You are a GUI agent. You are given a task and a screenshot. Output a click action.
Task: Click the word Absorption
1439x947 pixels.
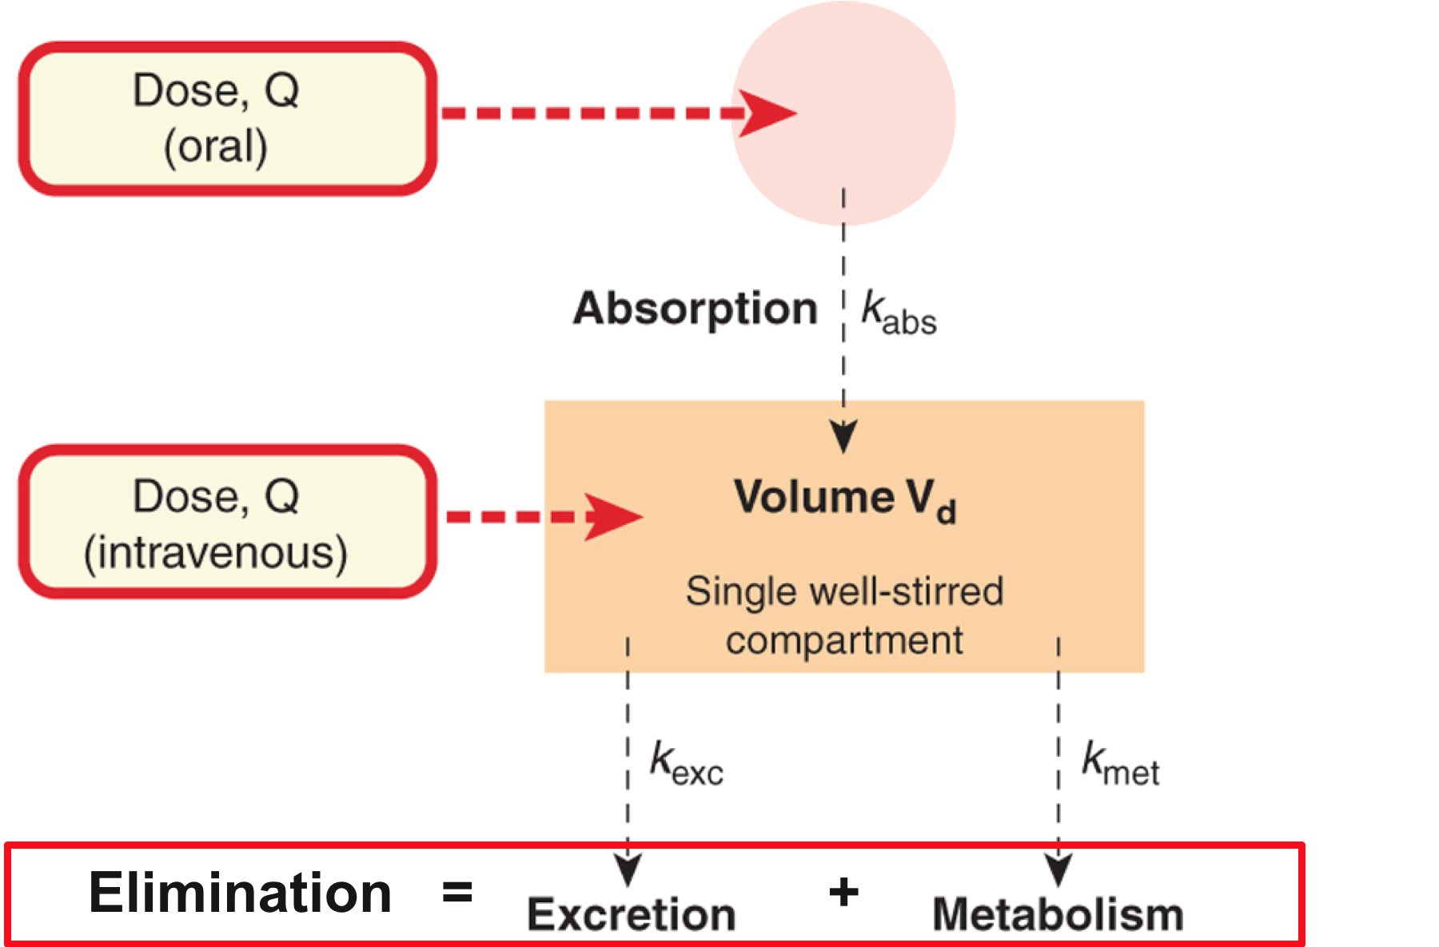click(x=695, y=309)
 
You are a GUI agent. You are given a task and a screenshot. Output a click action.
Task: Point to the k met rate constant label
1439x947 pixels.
click(x=1120, y=763)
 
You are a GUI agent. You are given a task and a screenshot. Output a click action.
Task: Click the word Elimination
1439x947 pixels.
click(x=240, y=893)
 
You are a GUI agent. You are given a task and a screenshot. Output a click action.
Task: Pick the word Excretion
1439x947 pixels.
click(x=632, y=914)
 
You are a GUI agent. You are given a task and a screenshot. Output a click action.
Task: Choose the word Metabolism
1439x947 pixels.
click(x=1058, y=914)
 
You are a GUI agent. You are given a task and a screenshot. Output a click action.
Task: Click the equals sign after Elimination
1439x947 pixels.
click(x=457, y=893)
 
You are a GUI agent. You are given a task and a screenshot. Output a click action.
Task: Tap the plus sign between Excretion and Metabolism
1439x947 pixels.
click(x=843, y=893)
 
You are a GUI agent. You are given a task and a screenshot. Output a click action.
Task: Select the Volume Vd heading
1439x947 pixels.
click(x=844, y=499)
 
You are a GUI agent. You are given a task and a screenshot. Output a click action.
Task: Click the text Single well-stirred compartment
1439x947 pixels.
click(x=844, y=615)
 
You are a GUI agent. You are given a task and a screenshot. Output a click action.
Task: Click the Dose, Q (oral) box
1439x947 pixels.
click(x=227, y=118)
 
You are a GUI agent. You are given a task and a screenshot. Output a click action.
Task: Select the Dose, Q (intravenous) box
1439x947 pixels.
click(x=227, y=522)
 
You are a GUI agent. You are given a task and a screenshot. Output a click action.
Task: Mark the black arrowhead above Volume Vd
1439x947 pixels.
click(x=843, y=436)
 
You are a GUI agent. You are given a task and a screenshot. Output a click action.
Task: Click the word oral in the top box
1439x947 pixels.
click(x=216, y=147)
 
